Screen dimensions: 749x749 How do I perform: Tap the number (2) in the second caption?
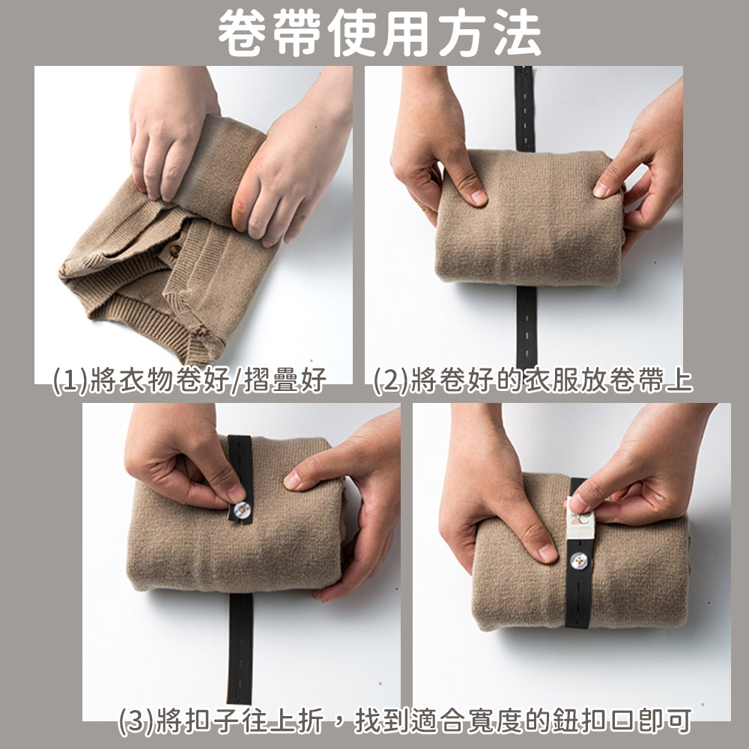pos(391,380)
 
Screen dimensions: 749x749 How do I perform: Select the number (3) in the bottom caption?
pos(136,722)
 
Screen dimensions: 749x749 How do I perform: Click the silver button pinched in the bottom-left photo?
pos(241,512)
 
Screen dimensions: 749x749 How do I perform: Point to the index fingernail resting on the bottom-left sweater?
pos(293,481)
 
